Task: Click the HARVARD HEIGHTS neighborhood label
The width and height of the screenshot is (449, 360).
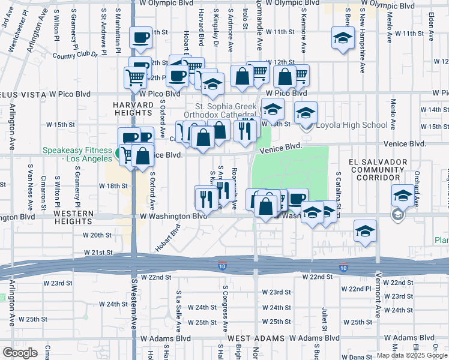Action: point(133,109)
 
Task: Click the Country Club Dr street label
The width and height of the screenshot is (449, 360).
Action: point(74,55)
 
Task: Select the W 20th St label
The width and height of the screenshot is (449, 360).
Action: point(98,235)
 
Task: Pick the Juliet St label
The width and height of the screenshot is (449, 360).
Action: point(324,319)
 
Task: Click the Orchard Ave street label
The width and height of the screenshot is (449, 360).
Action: point(417,185)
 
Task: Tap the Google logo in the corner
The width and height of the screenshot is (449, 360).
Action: point(20,352)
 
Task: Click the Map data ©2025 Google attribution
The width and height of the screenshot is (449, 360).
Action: point(411,355)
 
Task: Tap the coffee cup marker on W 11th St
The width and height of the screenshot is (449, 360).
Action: point(140,37)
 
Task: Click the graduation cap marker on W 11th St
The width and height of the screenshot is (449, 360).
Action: point(342,39)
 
